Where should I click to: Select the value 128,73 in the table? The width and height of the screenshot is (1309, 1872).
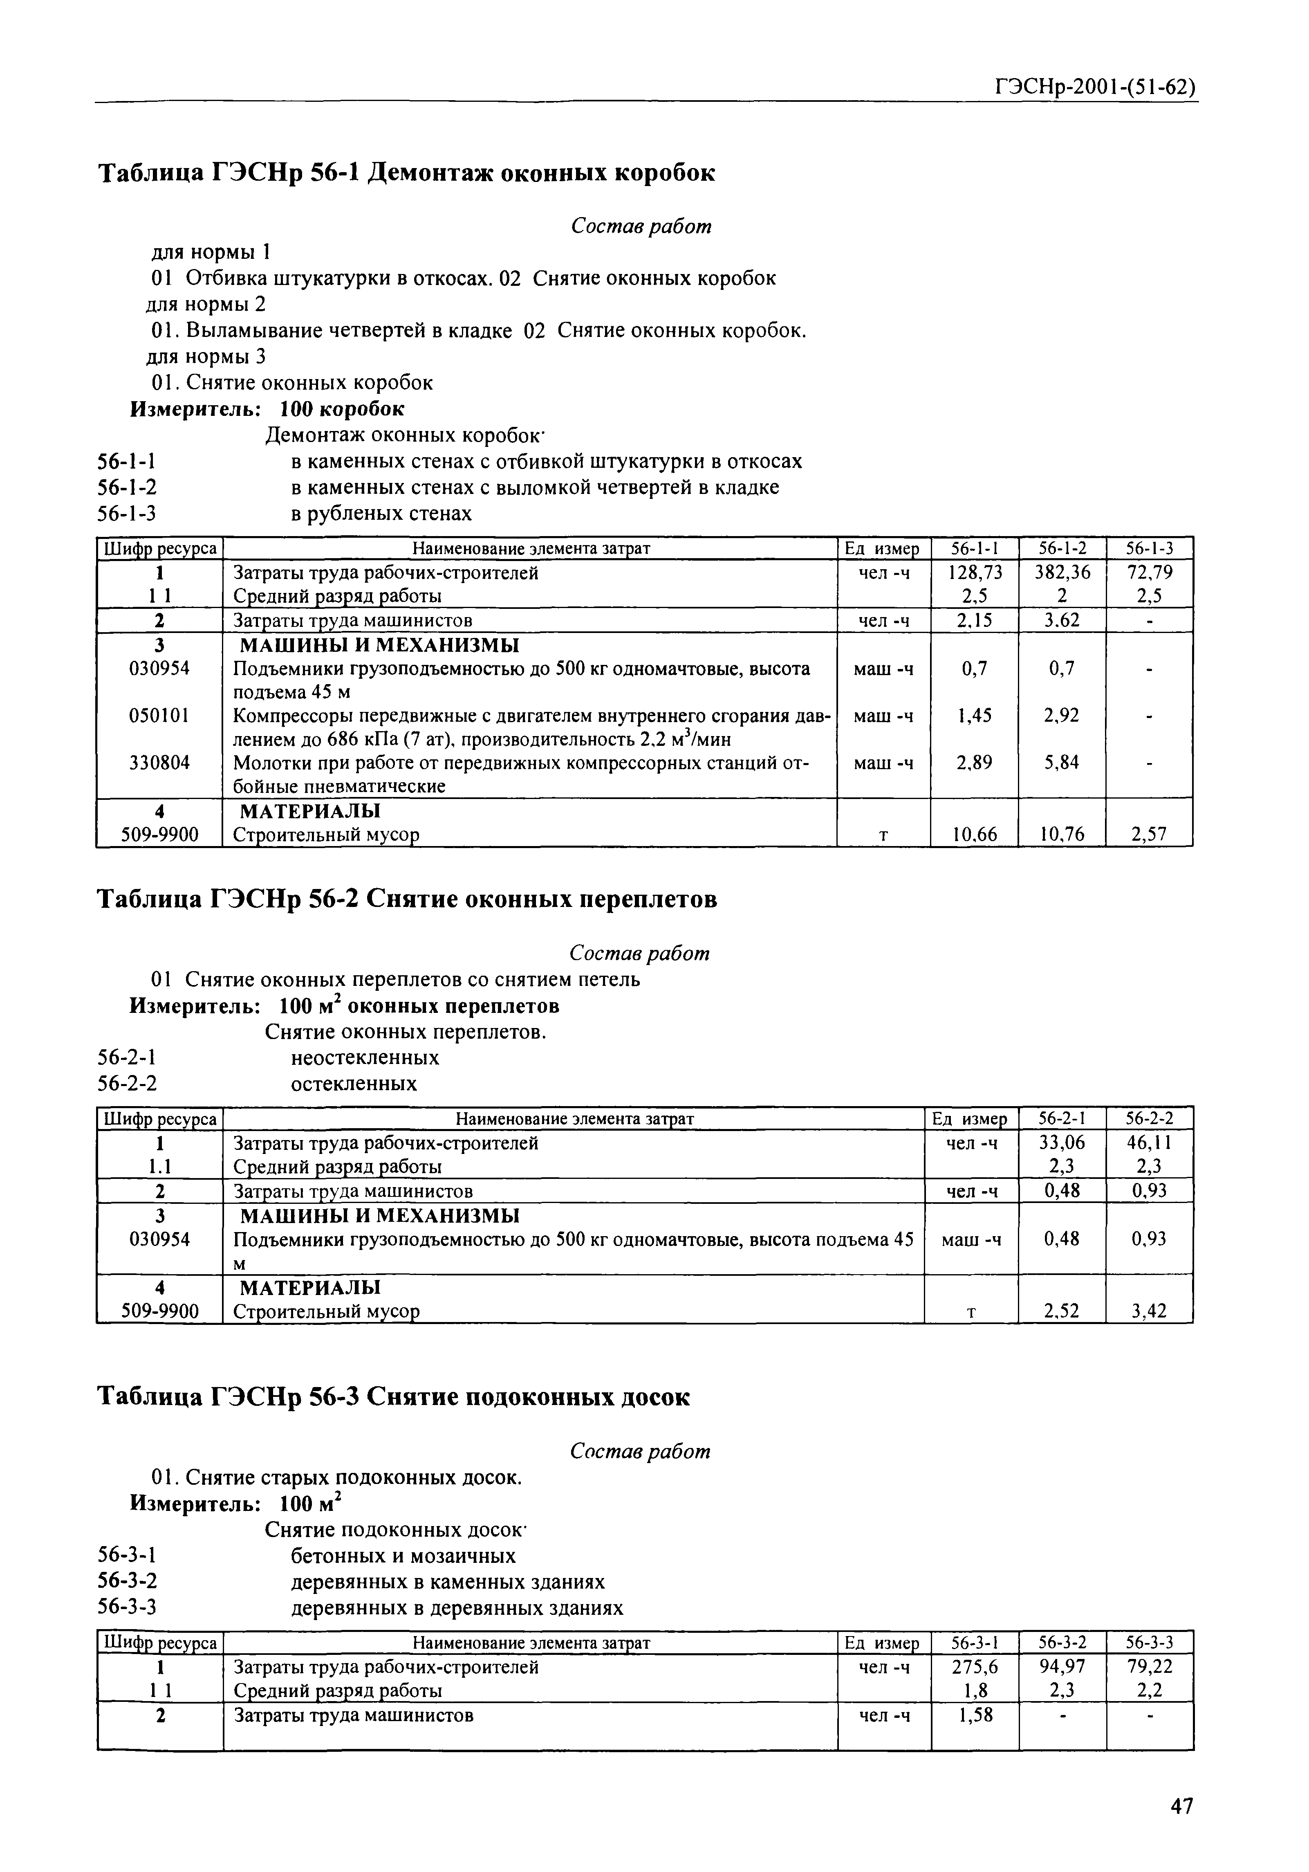coord(975,572)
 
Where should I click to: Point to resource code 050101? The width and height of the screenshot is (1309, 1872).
coord(160,715)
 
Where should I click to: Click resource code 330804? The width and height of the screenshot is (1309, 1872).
coord(160,762)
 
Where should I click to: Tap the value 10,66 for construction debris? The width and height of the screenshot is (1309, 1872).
coord(975,834)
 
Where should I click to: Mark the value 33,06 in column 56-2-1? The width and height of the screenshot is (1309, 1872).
coord(1062,1142)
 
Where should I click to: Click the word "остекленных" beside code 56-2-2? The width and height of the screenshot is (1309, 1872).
coord(354,1084)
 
